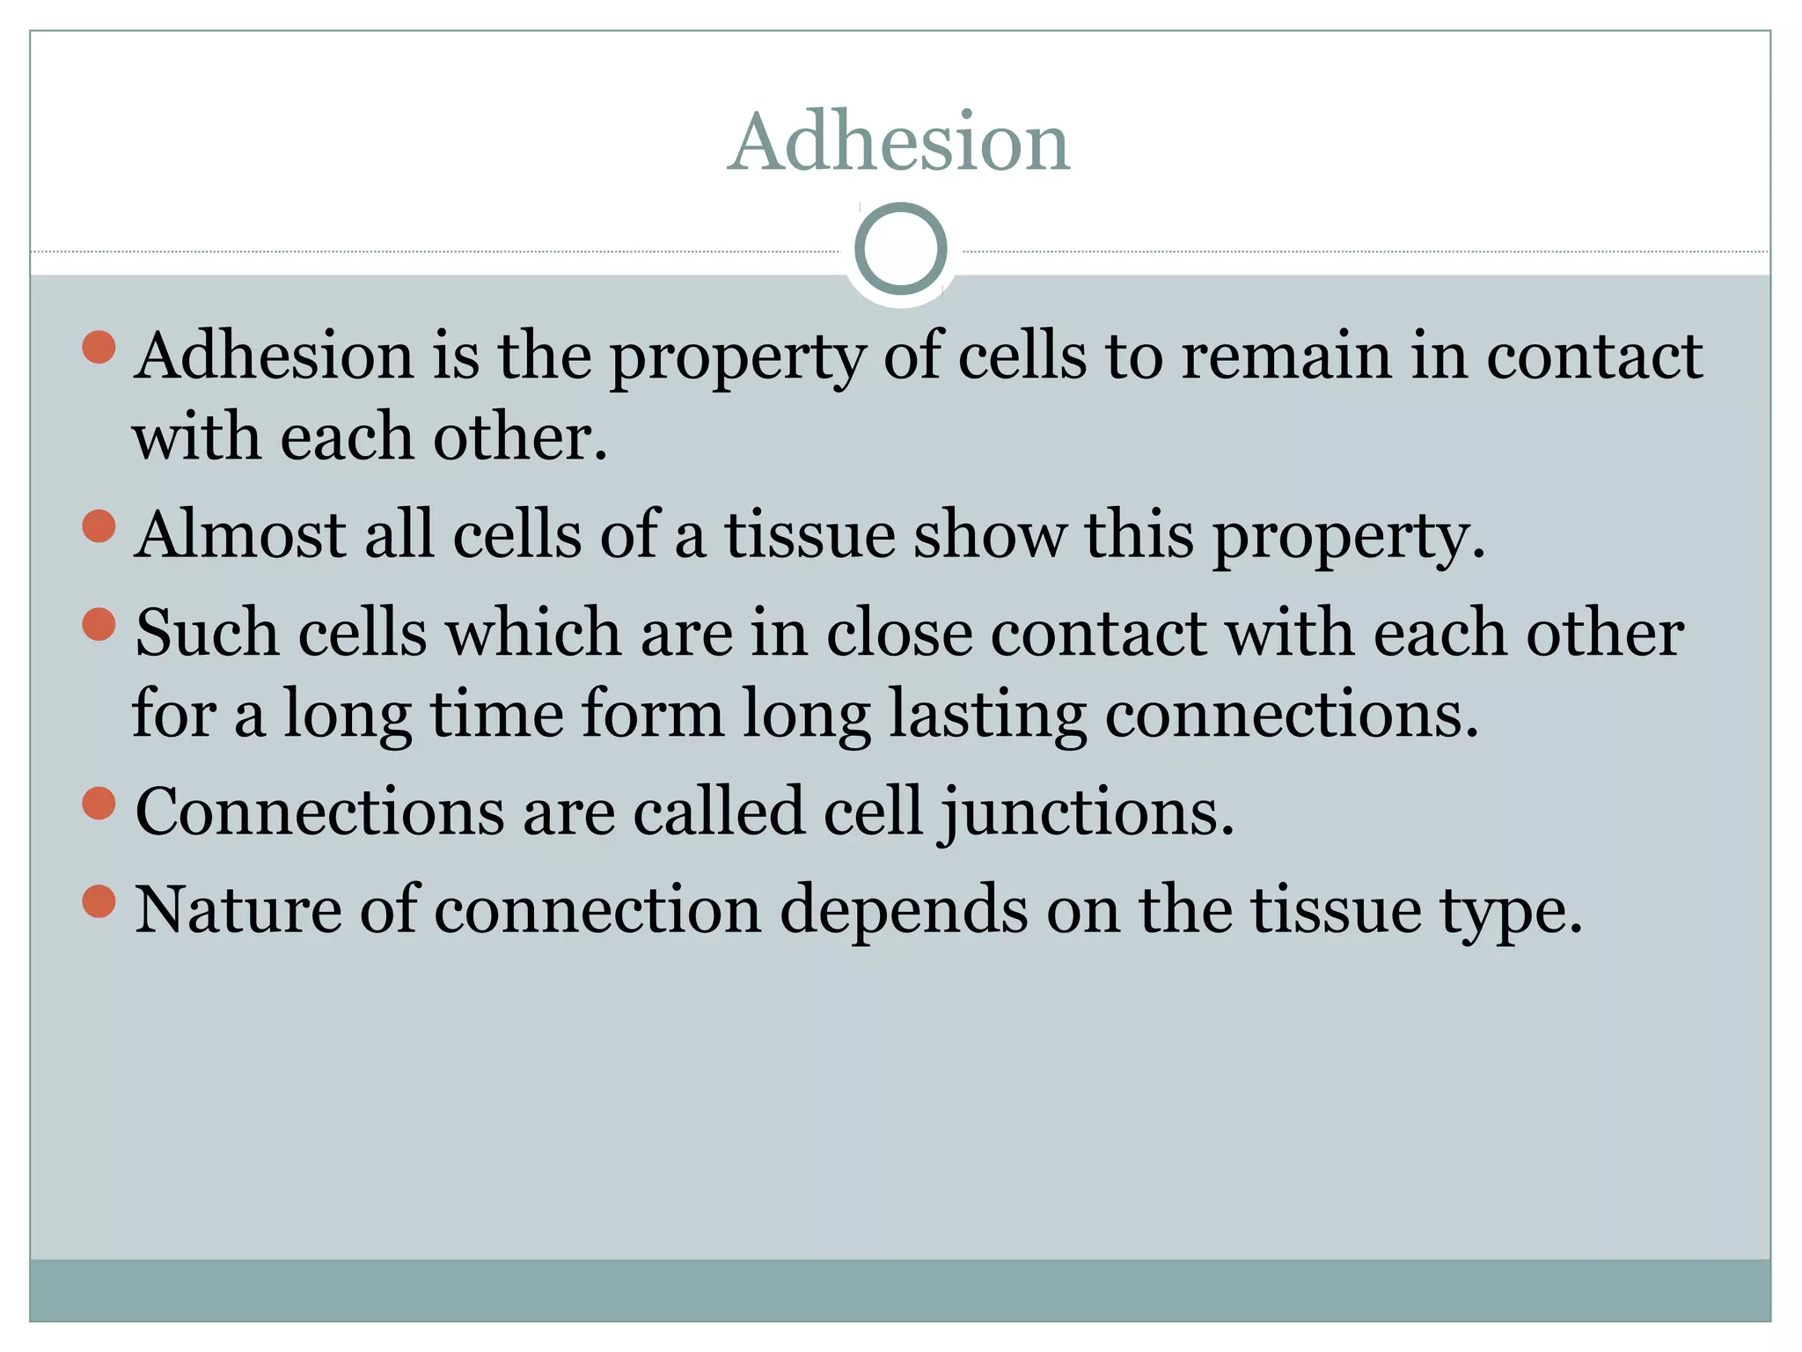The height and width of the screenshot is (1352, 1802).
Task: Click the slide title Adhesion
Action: click(x=899, y=143)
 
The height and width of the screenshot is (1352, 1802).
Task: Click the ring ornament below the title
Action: click(x=900, y=249)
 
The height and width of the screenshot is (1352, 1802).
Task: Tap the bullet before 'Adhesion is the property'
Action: click(x=99, y=348)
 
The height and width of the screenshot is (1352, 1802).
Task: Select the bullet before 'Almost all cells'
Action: click(x=99, y=527)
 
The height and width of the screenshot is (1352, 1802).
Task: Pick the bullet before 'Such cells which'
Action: click(x=99, y=625)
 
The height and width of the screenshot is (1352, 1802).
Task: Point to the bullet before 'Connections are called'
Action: click(x=99, y=804)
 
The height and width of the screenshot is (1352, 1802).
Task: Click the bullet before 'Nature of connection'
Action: click(x=99, y=901)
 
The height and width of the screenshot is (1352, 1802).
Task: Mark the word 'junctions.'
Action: click(x=1088, y=812)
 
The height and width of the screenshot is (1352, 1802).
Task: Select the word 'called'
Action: click(x=719, y=812)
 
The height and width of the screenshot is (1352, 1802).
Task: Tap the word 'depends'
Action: click(x=904, y=911)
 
